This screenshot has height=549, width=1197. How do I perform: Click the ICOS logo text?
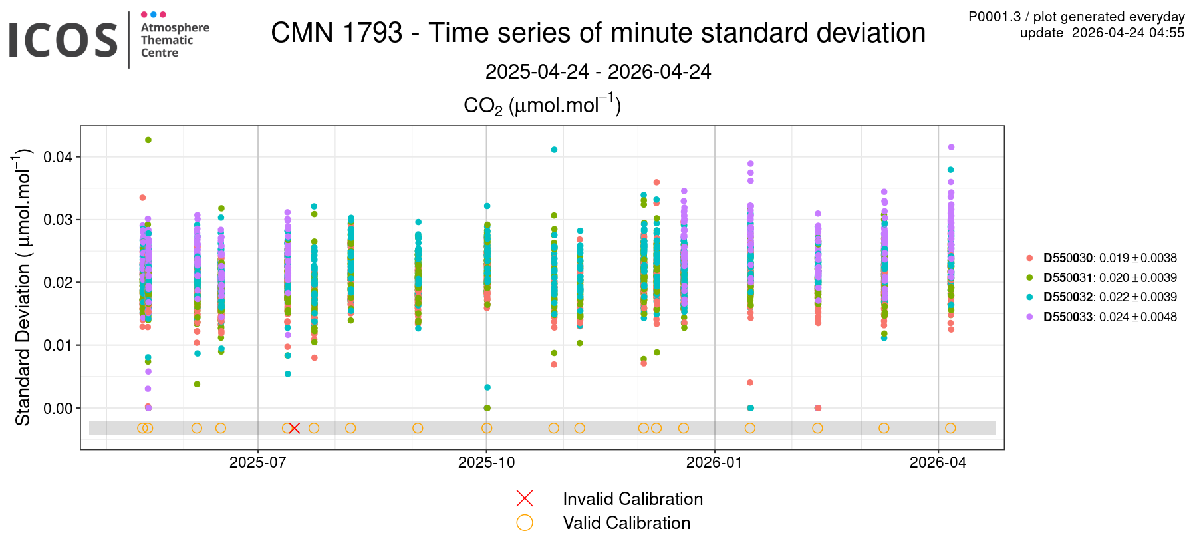pos(63,40)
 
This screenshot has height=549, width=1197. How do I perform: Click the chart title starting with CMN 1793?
pos(598,33)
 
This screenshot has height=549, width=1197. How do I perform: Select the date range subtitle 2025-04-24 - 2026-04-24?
pos(598,71)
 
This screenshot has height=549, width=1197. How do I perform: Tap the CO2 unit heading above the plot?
pos(542,106)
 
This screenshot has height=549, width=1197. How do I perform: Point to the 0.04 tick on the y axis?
pos(58,157)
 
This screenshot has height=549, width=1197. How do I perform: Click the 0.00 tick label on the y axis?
pos(58,408)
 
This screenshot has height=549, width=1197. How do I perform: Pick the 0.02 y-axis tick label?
pos(58,283)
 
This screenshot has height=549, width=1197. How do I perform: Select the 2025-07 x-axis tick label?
pos(257,463)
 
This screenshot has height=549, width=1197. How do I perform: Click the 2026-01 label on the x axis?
pos(714,463)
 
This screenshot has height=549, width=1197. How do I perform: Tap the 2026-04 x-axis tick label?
pos(938,463)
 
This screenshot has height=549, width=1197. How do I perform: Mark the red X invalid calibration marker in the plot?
pos(295,428)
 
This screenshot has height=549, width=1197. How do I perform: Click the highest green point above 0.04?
pos(148,140)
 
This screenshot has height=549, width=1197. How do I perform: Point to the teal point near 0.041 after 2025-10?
pos(554,150)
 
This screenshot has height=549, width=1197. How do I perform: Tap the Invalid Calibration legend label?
pos(632,499)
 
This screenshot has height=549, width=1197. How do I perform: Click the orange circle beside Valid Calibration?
pos(525,523)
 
